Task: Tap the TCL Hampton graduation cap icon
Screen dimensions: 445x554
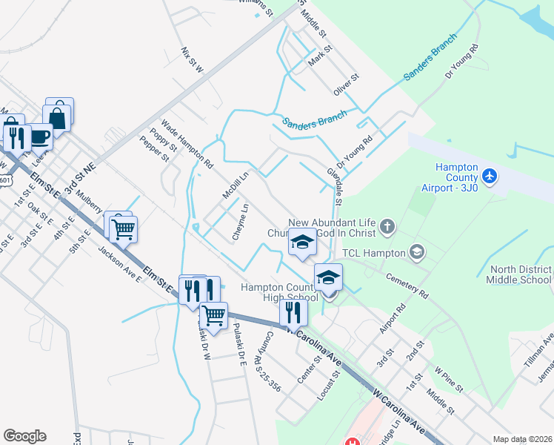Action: [417, 253]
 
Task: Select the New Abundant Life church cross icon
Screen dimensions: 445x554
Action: [385, 225]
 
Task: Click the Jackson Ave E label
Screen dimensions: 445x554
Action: [120, 264]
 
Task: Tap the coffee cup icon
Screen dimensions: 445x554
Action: [40, 137]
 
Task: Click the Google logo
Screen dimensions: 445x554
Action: [24, 436]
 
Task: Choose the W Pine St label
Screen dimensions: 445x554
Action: [448, 378]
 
